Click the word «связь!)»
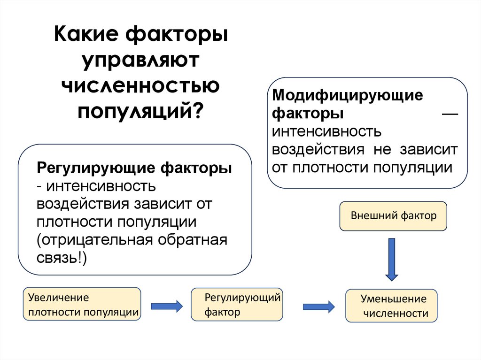tap(62, 258)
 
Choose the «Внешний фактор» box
tap(394, 216)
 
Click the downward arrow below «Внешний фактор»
tap(391, 259)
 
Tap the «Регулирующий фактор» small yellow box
tap(237, 304)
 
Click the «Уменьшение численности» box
tap(391, 306)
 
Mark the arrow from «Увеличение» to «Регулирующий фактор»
tap(166, 306)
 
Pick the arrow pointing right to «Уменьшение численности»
tap(318, 306)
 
